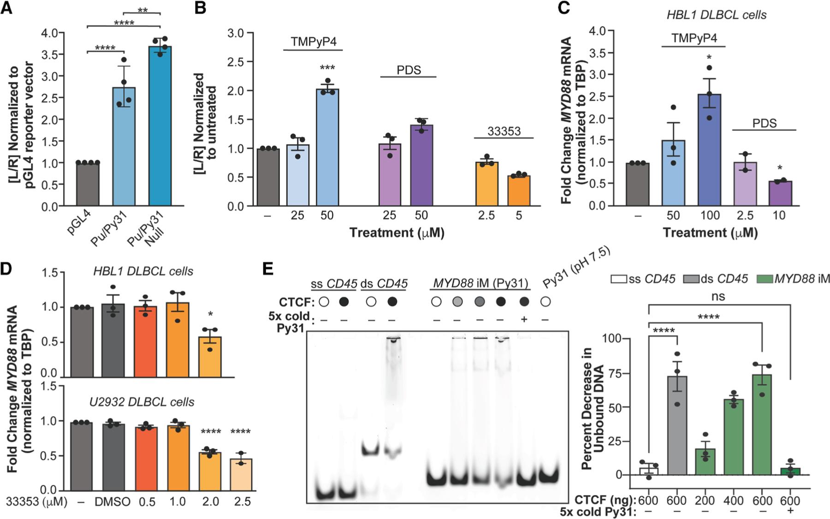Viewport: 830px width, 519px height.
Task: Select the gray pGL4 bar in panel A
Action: (x=88, y=185)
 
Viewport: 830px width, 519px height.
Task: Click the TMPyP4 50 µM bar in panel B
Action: (x=327, y=148)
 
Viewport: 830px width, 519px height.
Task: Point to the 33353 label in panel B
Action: (x=504, y=131)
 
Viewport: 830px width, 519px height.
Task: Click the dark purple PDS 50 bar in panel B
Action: (x=421, y=166)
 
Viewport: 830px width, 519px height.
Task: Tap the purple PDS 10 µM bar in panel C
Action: (x=780, y=194)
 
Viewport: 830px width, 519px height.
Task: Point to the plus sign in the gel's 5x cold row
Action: (x=523, y=318)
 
